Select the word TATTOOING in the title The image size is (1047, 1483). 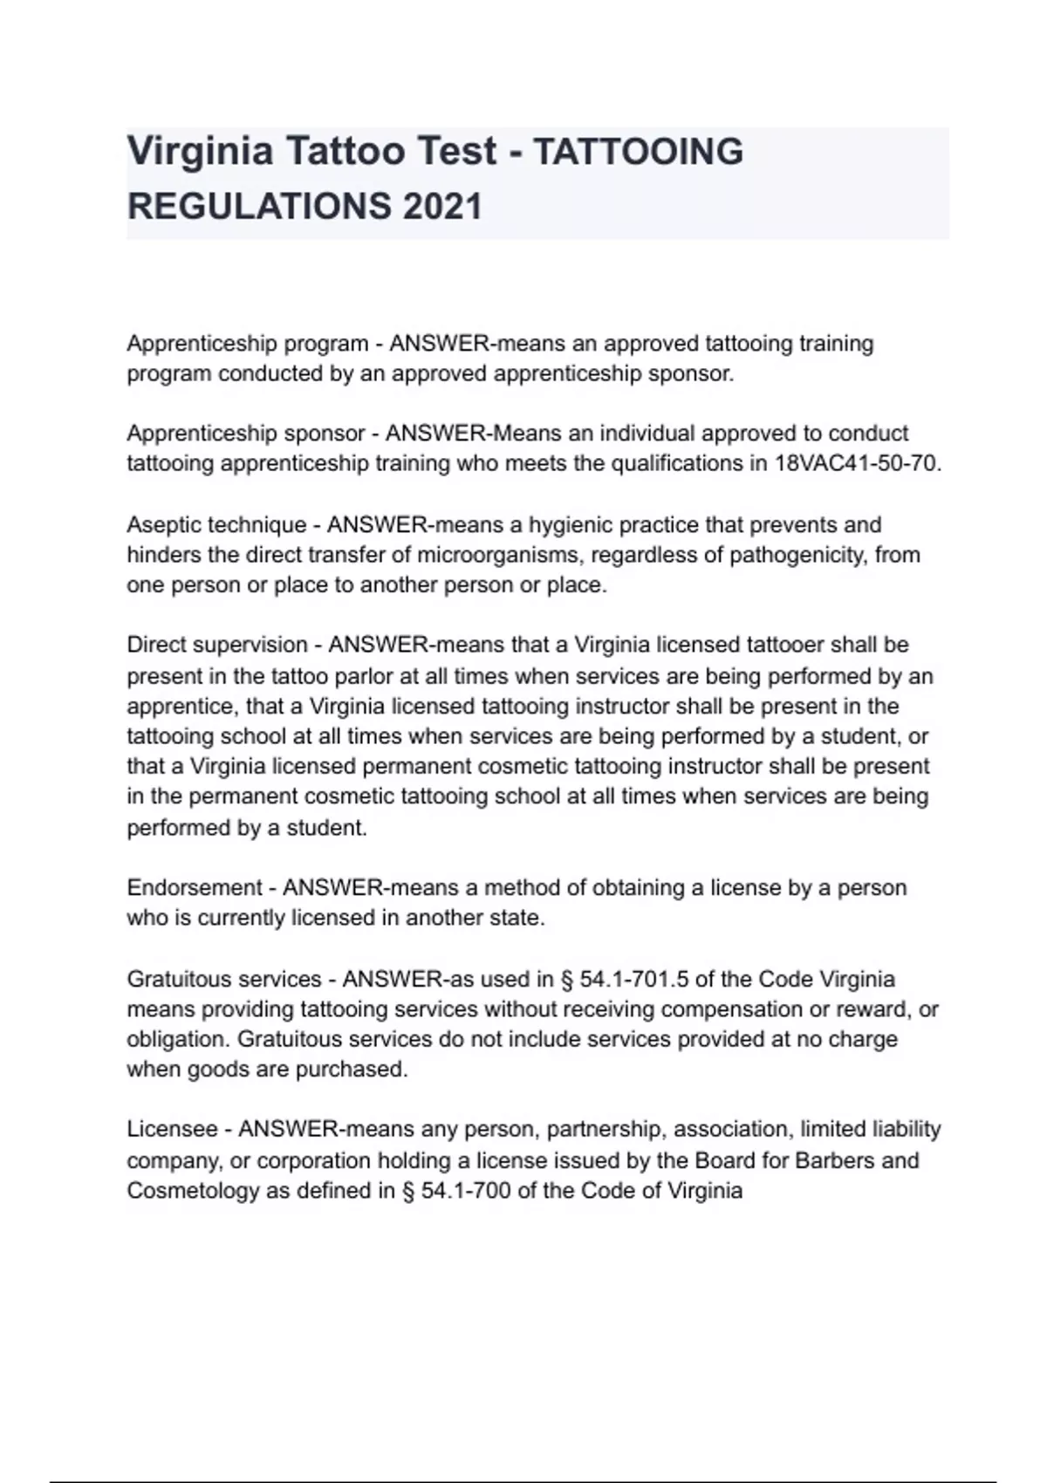[638, 152]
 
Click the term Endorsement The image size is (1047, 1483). [194, 888]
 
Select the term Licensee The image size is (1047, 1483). [172, 1130]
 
